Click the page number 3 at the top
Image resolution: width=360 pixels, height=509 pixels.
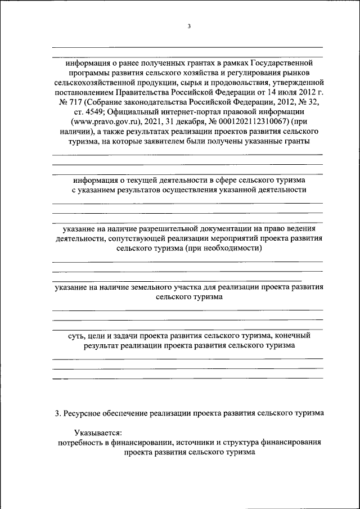coord(189,26)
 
